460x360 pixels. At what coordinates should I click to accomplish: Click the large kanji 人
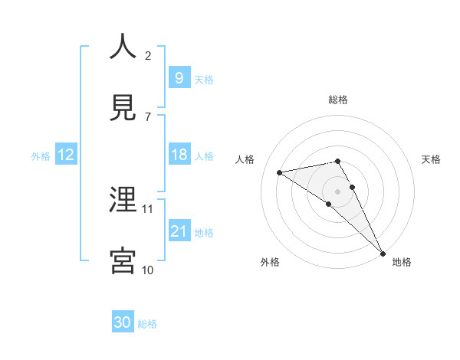click(123, 47)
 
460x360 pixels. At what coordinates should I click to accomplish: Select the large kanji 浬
click(123, 200)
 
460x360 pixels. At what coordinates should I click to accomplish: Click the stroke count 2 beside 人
click(148, 55)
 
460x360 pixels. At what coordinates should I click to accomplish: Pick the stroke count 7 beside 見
click(148, 116)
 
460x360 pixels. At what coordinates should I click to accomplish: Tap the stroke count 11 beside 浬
click(148, 208)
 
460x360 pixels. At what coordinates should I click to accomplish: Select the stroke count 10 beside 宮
click(148, 270)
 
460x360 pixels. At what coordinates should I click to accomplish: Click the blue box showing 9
click(179, 77)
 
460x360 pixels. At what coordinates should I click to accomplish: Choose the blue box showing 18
click(179, 155)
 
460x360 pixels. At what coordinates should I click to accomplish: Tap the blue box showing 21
click(179, 231)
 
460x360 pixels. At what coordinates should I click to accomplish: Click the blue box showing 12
click(66, 155)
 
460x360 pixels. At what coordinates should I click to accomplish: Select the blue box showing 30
click(123, 322)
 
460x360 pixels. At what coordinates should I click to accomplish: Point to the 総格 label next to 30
click(147, 324)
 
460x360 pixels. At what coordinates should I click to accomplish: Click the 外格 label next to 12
click(41, 156)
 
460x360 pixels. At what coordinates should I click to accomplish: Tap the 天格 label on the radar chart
click(431, 159)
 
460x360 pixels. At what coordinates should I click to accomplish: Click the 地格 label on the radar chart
click(402, 262)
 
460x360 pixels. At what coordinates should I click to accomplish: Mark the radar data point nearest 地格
click(383, 253)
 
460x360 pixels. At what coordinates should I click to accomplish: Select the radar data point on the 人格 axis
click(280, 172)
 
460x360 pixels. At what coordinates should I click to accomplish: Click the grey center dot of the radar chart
click(337, 191)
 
